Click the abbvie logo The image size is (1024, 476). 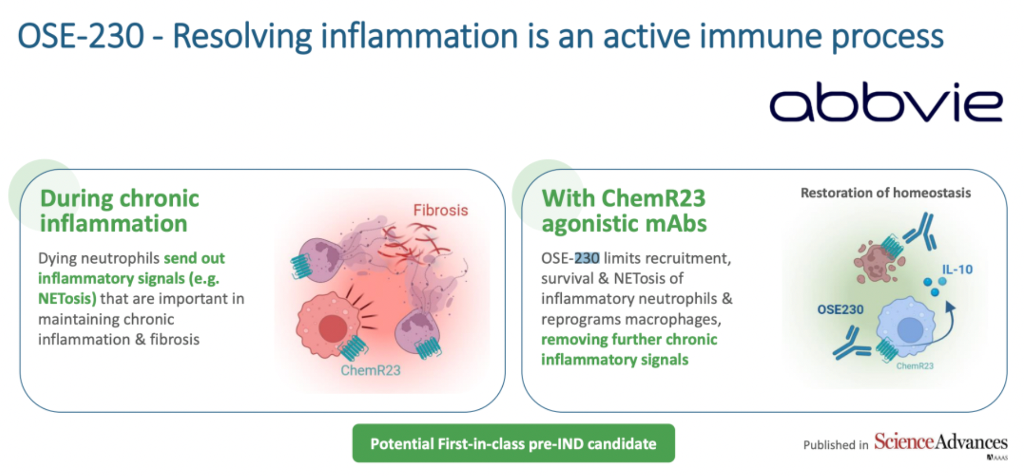886,102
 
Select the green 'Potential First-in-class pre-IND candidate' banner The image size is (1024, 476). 513,443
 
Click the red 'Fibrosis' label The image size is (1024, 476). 440,210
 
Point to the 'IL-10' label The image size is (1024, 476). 957,269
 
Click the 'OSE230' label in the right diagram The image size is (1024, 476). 840,310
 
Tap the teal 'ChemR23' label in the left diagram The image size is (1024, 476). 370,370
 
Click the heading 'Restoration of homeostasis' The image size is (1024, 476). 886,193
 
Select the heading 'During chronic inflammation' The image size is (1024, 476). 120,211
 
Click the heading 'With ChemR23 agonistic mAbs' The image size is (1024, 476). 624,211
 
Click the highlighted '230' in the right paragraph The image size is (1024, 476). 587,258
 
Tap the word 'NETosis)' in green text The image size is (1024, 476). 67,299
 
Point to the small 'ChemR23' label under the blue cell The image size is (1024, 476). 915,366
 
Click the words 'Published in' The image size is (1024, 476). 835,445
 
